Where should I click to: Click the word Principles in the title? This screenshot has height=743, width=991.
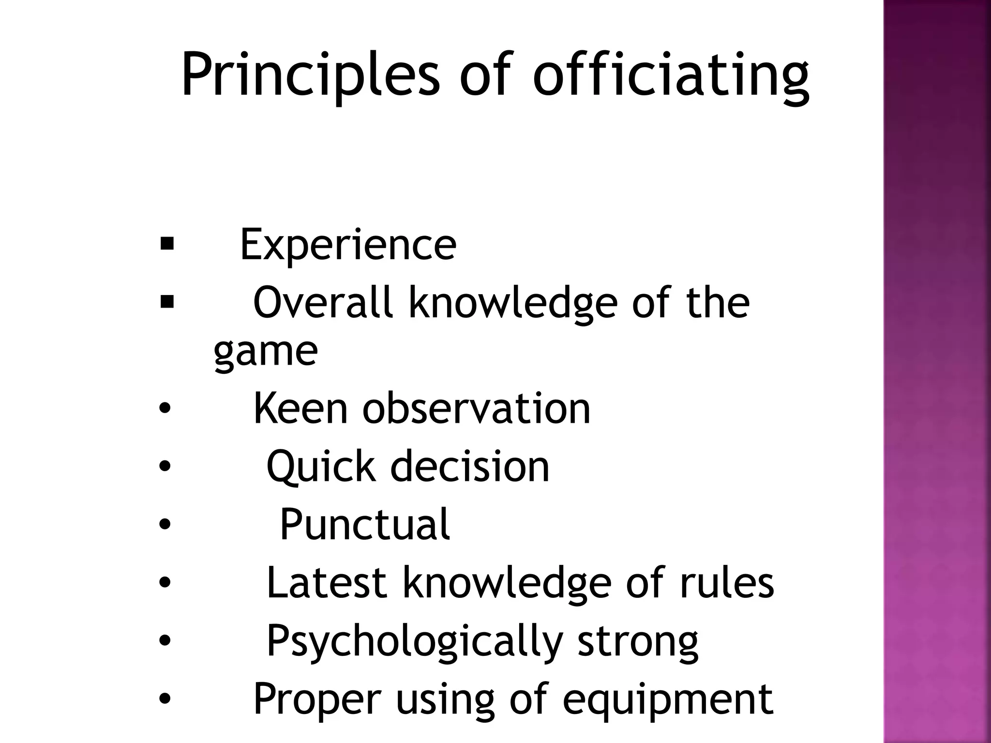pyautogui.click(x=310, y=75)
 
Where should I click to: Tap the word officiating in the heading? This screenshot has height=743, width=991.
pyautogui.click(x=671, y=75)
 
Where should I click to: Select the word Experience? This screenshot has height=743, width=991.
pyautogui.click(x=348, y=245)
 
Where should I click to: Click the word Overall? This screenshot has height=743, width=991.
pyautogui.click(x=322, y=303)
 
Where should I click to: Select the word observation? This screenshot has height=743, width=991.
pyautogui.click(x=477, y=409)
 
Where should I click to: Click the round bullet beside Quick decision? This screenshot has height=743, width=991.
pyautogui.click(x=165, y=467)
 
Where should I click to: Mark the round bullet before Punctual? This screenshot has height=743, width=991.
pyautogui.click(x=165, y=525)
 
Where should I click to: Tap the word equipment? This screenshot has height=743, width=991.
pyautogui.click(x=668, y=699)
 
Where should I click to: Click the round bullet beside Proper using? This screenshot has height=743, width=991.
pyautogui.click(x=165, y=699)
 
